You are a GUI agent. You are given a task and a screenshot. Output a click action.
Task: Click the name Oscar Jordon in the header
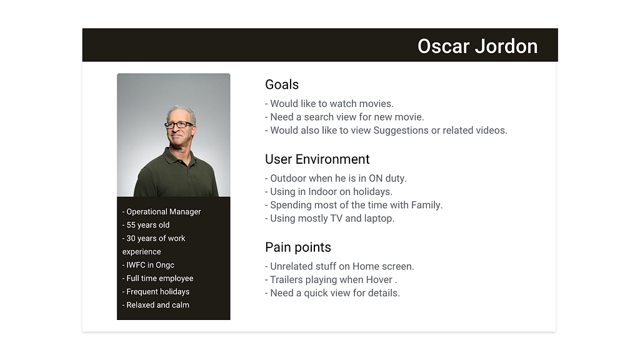point(477,46)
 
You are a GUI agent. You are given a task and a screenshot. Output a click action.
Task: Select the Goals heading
point(282,84)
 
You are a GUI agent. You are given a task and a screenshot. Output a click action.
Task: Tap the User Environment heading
point(317,159)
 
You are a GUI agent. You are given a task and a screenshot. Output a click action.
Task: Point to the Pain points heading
point(298,247)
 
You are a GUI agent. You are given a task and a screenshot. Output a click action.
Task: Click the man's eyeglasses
point(178,124)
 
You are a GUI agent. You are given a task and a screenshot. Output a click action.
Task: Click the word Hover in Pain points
point(379,279)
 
